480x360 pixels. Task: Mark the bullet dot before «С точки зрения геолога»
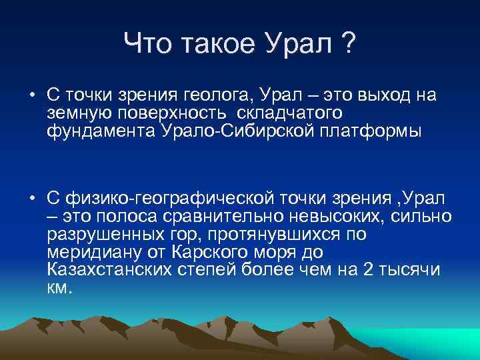tap(32, 95)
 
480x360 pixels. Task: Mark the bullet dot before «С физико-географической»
tap(32, 198)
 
